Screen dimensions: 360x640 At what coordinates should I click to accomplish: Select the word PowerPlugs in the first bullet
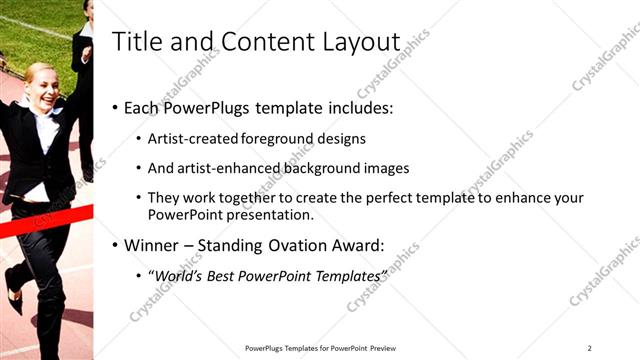[206, 107]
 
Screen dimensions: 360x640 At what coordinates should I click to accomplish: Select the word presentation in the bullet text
[271, 214]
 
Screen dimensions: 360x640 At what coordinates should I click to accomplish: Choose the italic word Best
[216, 275]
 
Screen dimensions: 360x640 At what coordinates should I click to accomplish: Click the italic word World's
[174, 275]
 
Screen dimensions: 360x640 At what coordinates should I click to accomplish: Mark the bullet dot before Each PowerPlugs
[116, 108]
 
